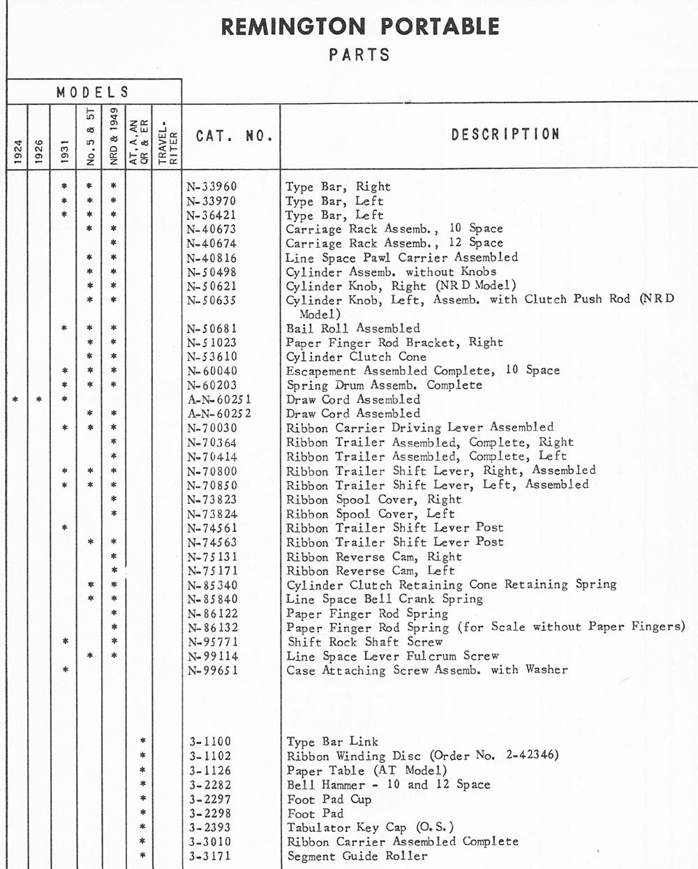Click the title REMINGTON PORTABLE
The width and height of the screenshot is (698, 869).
(x=360, y=27)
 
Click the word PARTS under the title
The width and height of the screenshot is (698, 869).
(x=359, y=54)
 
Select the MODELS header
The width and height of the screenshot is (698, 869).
(x=93, y=92)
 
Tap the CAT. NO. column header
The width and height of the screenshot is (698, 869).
(x=234, y=135)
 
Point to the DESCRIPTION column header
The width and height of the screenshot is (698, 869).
(x=505, y=134)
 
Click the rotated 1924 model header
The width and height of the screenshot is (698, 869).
(x=17, y=152)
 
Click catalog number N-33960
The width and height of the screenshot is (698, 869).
(x=212, y=186)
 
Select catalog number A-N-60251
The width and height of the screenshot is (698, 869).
(x=219, y=399)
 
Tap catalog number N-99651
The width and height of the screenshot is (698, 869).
(x=212, y=670)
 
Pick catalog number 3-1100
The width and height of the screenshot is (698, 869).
(x=210, y=741)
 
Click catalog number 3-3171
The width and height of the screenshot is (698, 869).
(x=210, y=856)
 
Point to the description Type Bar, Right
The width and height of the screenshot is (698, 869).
(x=338, y=186)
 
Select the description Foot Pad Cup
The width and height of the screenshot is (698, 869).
(x=329, y=799)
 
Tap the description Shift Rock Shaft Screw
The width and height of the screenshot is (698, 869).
(x=365, y=641)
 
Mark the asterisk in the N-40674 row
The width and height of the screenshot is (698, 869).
(x=113, y=243)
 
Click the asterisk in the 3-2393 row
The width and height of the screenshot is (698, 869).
(x=142, y=827)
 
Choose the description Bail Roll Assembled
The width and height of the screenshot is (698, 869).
(x=353, y=328)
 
